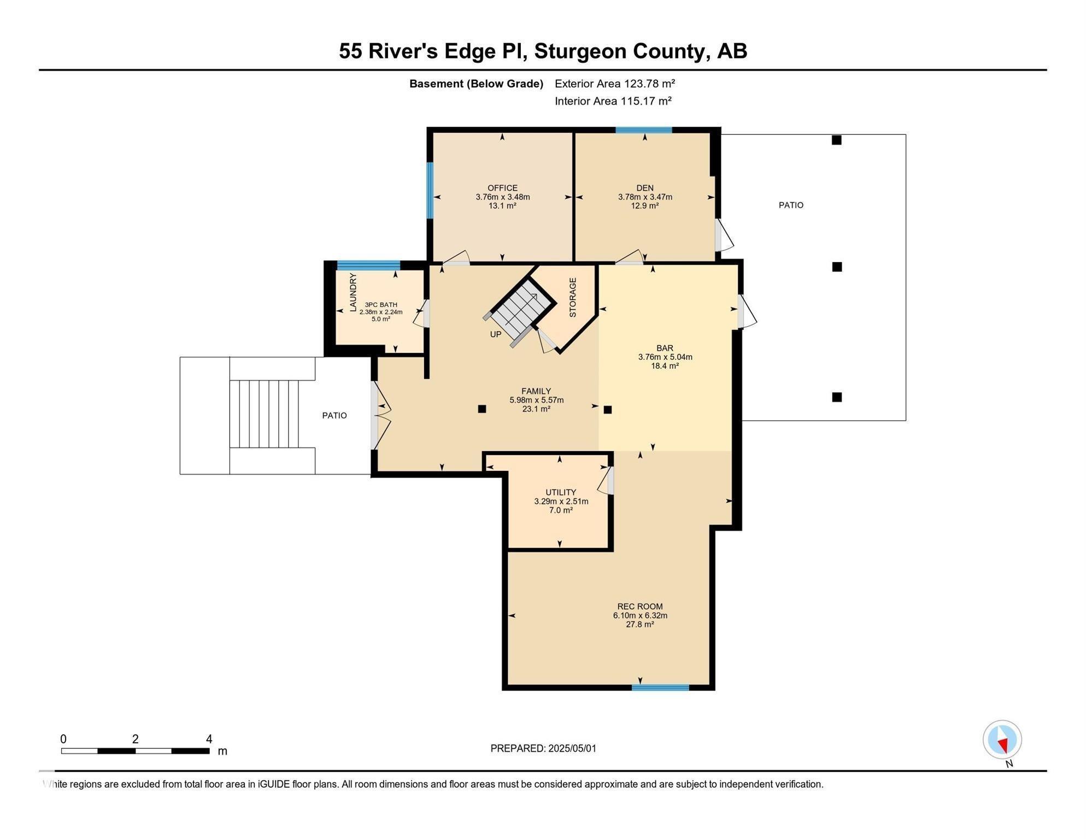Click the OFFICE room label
point(502,188)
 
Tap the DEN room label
point(645,188)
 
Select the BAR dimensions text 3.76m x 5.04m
point(665,357)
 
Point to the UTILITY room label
point(561,492)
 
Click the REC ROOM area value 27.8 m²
point(639,624)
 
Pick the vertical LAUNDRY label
point(353,293)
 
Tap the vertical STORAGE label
point(573,297)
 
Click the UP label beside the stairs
point(495,334)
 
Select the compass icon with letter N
point(1002,741)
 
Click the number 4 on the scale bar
point(209,739)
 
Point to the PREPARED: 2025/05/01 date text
point(543,748)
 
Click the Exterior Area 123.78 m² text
point(615,84)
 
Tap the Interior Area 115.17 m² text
point(613,101)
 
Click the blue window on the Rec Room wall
point(660,688)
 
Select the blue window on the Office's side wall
point(430,190)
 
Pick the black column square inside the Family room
point(482,409)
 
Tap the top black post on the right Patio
point(836,140)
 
